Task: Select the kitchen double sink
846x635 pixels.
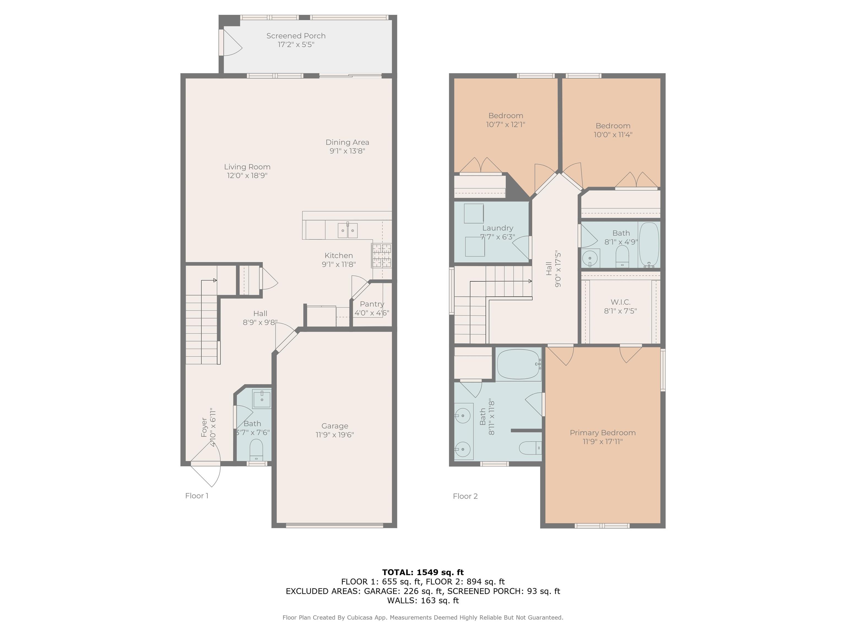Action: (348, 230)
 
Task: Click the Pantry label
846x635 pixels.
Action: (372, 304)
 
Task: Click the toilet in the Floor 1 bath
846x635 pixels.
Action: (256, 450)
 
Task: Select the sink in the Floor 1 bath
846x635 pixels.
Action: (262, 399)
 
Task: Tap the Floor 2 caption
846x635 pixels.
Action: (465, 496)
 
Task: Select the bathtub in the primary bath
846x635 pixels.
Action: (519, 364)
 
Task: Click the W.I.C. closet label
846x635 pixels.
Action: (620, 302)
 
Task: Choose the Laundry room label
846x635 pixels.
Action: (498, 228)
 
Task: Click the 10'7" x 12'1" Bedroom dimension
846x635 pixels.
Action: (506, 124)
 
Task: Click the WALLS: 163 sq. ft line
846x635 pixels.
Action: (423, 601)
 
